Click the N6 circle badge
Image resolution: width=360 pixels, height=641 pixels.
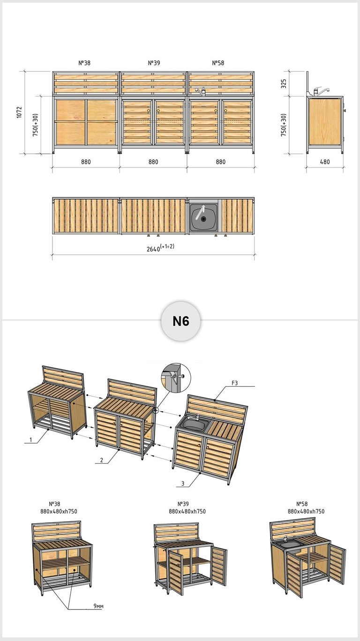(181, 321)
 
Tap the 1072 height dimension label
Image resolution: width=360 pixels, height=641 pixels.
(19, 113)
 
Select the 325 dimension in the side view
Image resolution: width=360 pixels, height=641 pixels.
(283, 83)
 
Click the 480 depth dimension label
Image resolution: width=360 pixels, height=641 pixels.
(325, 162)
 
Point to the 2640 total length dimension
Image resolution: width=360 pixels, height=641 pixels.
(160, 248)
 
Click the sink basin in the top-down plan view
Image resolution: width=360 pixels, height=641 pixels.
(203, 217)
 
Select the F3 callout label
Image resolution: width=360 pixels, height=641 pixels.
(234, 383)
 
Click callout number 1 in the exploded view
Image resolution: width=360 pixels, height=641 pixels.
(30, 440)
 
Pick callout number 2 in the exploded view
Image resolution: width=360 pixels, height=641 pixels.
(102, 460)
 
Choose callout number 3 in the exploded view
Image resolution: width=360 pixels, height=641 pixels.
(182, 484)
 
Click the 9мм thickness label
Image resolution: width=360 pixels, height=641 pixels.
(98, 606)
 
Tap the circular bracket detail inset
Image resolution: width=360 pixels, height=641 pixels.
(176, 377)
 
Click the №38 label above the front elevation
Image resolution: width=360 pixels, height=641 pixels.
(84, 63)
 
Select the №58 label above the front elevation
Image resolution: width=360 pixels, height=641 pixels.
(218, 63)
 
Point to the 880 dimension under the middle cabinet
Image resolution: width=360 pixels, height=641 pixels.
(153, 162)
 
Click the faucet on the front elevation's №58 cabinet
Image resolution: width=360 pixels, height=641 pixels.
(201, 91)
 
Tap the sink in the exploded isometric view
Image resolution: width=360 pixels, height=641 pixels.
(195, 424)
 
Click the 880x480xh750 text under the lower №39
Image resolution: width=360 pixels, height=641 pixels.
(187, 512)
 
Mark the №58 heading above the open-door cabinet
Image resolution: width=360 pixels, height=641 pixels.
(301, 504)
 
